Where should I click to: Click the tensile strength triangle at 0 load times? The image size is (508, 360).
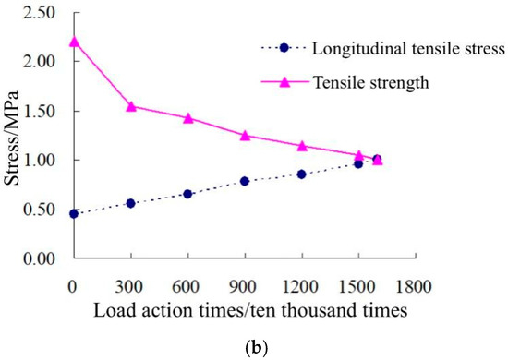(x=74, y=42)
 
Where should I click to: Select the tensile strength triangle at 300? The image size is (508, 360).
(x=131, y=106)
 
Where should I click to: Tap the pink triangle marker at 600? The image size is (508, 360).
(x=188, y=118)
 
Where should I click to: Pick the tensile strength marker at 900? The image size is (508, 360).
(x=246, y=136)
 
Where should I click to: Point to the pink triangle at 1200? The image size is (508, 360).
(x=302, y=146)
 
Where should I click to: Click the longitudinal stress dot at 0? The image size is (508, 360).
(x=74, y=213)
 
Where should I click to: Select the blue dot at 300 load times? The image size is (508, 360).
(x=131, y=203)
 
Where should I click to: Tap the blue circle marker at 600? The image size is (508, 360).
(x=188, y=194)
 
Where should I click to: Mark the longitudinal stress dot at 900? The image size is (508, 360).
(x=246, y=181)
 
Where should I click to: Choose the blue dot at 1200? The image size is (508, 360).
(x=302, y=174)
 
